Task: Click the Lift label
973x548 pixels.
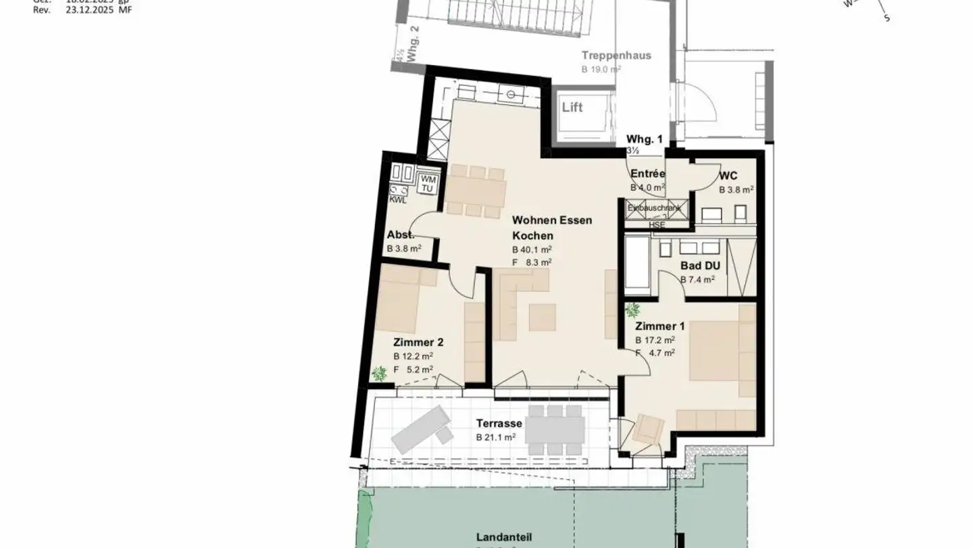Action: coord(572,108)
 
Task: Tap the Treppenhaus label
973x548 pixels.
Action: coord(616,55)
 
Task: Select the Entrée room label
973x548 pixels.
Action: coord(647,174)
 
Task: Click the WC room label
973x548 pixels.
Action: coord(728,176)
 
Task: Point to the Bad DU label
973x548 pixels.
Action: coord(700,266)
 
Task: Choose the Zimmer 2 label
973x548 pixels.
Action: coord(418,342)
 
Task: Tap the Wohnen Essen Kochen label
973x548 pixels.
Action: coord(551,228)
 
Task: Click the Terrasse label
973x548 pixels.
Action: coord(499,424)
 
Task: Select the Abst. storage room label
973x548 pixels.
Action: coord(400,235)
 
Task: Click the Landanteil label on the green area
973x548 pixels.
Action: coord(503,537)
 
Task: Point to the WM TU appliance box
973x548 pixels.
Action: coord(427,183)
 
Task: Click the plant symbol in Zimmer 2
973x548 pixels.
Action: coord(379,373)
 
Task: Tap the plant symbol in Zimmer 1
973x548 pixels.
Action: coord(633,311)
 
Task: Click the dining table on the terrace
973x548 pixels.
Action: coord(555,430)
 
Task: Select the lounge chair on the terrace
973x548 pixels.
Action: coord(422,429)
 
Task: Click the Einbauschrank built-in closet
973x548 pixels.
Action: coord(657,208)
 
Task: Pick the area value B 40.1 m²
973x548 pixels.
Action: coord(532,249)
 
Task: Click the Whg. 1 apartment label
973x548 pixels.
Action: coord(644,139)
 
